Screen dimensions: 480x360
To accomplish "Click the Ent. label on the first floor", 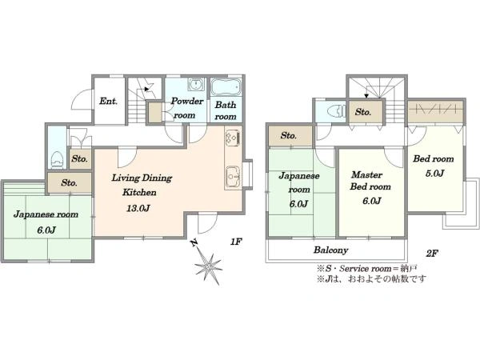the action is coord(108,101).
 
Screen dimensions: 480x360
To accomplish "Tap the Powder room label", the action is coord(186,108).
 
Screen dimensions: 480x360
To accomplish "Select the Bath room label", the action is coord(226,110).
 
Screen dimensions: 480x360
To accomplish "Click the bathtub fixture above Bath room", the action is coord(226,87).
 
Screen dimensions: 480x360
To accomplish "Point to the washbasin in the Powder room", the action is coord(195,84).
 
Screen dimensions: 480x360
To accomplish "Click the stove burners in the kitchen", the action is coord(233,138).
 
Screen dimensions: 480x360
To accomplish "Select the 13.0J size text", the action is coord(138,209).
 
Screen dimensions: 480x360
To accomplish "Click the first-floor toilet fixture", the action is coord(58,159).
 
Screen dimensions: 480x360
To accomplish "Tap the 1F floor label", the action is coord(236,242).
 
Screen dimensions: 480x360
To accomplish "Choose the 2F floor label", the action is coord(432,253).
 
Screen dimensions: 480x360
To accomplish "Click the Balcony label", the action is coord(331,250).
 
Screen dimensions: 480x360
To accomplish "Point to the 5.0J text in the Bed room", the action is coord(434,174).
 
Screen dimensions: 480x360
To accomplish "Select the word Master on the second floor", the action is coord(366,174).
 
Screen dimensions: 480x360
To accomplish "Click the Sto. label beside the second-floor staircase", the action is coord(363,112).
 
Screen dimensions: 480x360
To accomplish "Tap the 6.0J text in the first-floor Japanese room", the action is coord(46,230).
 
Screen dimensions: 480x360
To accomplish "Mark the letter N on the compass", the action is coord(194,242).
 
